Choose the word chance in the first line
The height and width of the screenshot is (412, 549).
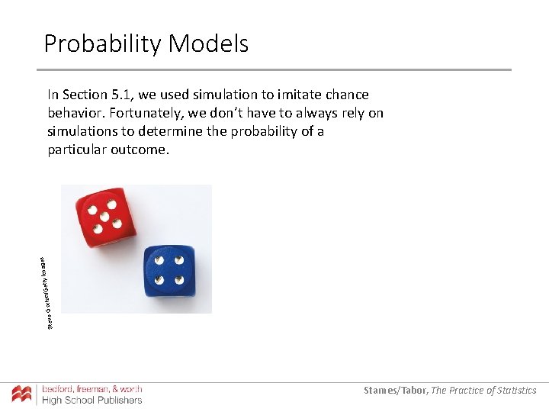(345, 95)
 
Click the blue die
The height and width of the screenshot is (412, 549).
(169, 272)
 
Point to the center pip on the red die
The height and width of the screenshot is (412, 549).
(105, 216)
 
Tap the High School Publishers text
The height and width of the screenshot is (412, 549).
(91, 401)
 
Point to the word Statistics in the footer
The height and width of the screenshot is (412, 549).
(516, 391)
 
